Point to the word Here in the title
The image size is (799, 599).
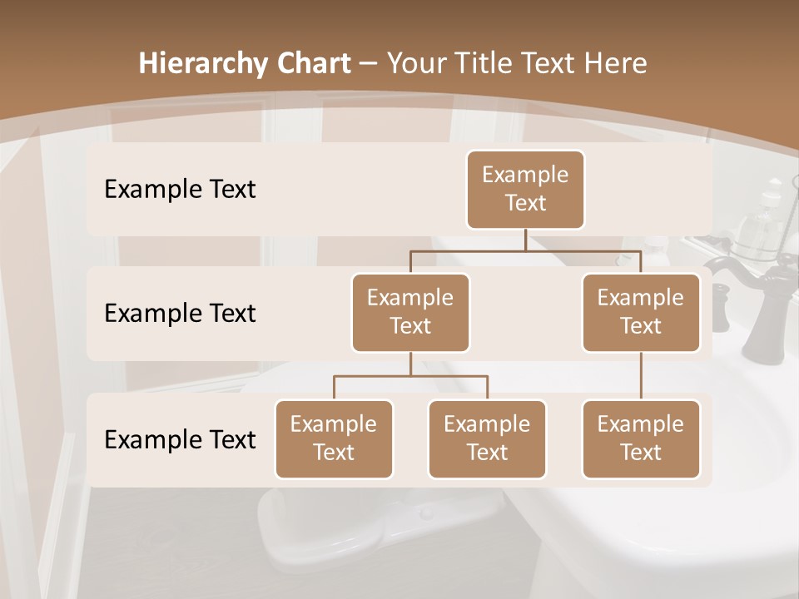pyautogui.click(x=615, y=64)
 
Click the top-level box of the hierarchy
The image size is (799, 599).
pyautogui.click(x=525, y=190)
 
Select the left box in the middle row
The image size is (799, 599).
pyautogui.click(x=410, y=313)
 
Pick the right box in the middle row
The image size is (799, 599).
pyautogui.click(x=641, y=313)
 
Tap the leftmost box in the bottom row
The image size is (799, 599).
pyautogui.click(x=334, y=439)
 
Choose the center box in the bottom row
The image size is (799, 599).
pyautogui.click(x=487, y=439)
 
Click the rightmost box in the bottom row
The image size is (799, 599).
pyautogui.click(x=641, y=439)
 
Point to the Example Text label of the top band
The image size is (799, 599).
pyautogui.click(x=180, y=190)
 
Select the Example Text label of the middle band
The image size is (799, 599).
pyautogui.click(x=180, y=314)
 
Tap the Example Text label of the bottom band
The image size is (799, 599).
pyautogui.click(x=180, y=439)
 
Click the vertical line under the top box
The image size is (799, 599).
pyautogui.click(x=525, y=240)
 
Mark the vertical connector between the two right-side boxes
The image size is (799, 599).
pyautogui.click(x=641, y=376)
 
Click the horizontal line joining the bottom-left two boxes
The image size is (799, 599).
pyautogui.click(x=410, y=376)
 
